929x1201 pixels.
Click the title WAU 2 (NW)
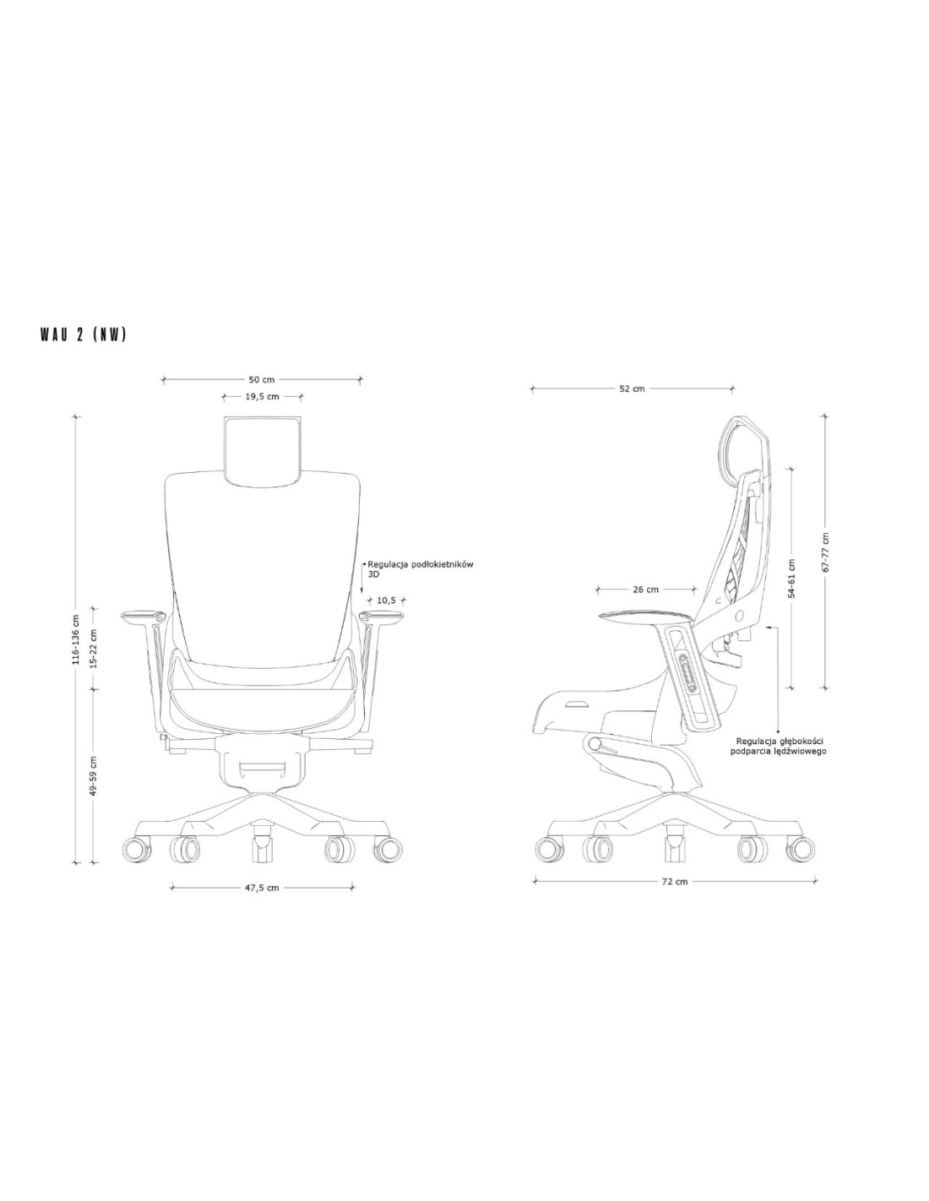pyautogui.click(x=83, y=335)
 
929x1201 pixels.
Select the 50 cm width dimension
pyautogui.click(x=262, y=380)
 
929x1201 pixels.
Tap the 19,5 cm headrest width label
pyautogui.click(x=262, y=396)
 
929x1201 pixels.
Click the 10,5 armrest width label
pyautogui.click(x=386, y=600)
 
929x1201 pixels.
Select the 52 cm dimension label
pyautogui.click(x=632, y=389)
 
